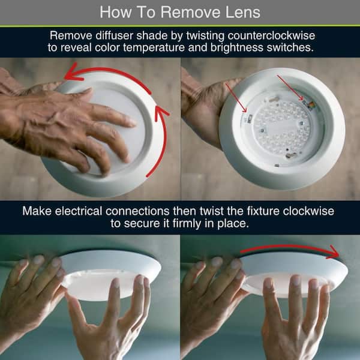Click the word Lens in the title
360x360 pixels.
pyautogui.click(x=242, y=12)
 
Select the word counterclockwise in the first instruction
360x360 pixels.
pyautogui.click(x=271, y=35)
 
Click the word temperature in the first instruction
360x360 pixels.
pyautogui.click(x=154, y=47)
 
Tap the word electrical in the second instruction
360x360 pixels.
pyautogui.click(x=78, y=211)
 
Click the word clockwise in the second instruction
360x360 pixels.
pyautogui.click(x=308, y=211)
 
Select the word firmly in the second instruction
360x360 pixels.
pyautogui.click(x=187, y=223)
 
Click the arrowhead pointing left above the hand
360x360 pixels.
pyautogui.click(x=73, y=73)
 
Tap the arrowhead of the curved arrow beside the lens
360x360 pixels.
pyautogui.click(x=161, y=113)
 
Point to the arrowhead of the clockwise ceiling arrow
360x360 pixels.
pyautogui.click(x=334, y=252)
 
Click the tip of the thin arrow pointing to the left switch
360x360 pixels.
pyautogui.click(x=247, y=112)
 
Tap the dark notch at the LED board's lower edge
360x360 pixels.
pyautogui.click(x=290, y=155)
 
